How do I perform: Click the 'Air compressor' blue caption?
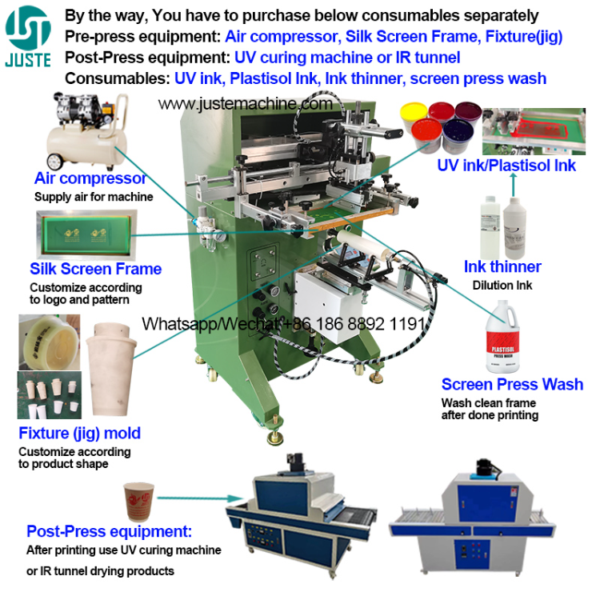point(90,178)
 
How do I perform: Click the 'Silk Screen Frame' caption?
point(95,269)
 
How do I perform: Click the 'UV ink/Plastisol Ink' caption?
point(506,166)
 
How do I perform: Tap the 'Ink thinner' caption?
point(502,266)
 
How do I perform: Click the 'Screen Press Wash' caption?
point(512,384)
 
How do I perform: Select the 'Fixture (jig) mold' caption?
point(79,433)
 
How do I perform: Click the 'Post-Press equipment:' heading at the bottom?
point(109,531)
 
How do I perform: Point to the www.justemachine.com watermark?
point(245,104)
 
